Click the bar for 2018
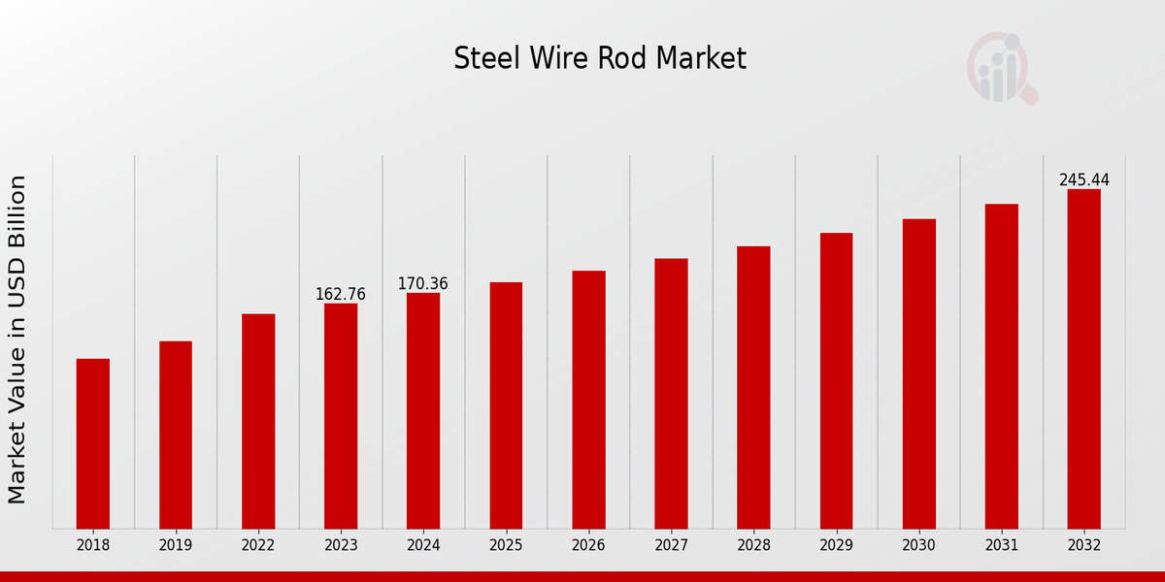[93, 443]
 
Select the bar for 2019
[176, 435]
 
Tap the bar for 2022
[258, 421]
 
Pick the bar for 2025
[506, 405]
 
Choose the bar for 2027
[671, 393]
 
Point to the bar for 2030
[918, 373]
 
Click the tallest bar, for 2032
[1083, 359]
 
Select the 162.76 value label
[341, 294]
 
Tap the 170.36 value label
[423, 283]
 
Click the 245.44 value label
[1083, 180]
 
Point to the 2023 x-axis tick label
[341, 545]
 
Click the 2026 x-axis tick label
[588, 545]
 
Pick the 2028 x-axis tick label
[753, 545]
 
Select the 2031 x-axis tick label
[1001, 545]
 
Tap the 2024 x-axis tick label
[423, 545]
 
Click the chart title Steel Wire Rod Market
[600, 59]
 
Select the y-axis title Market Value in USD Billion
[17, 339]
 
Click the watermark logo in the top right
[1002, 68]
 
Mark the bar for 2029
[836, 380]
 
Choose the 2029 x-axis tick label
[836, 545]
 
